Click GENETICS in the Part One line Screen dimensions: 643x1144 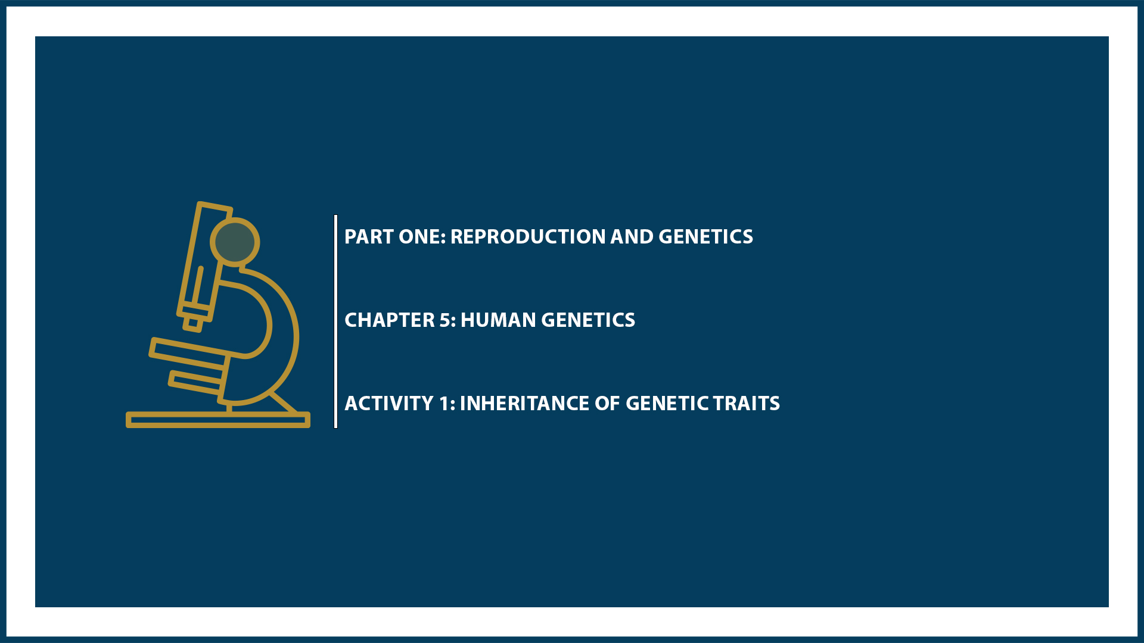705,237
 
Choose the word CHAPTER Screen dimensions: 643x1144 390,320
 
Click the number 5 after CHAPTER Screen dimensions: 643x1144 446,320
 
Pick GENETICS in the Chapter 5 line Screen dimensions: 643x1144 588,320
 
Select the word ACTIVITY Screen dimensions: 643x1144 389,404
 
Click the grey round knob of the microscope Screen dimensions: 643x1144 235,242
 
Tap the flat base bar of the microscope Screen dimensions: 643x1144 217,420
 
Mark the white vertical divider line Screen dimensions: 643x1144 336,321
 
